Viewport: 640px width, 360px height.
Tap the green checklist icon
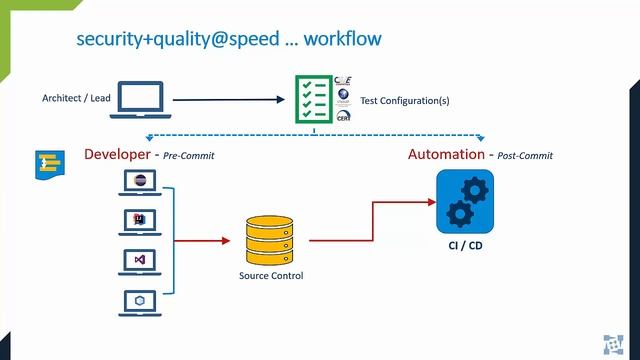tap(313, 98)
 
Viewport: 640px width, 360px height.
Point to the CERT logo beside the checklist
tap(344, 116)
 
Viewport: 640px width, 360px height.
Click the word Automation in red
tap(445, 154)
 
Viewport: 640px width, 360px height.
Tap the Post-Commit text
tap(524, 156)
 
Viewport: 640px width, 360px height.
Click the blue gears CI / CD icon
tap(465, 200)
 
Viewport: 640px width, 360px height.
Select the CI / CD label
tap(465, 243)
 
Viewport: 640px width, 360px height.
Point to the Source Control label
tap(270, 276)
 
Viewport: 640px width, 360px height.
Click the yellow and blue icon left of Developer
tap(48, 165)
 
